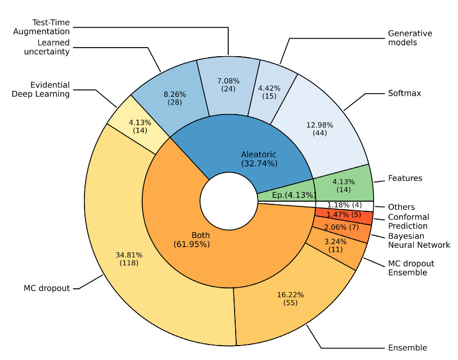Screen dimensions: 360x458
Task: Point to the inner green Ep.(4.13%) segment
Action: [289, 194]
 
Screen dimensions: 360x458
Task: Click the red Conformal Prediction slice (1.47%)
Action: [343, 215]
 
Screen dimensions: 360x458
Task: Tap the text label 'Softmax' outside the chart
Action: [405, 93]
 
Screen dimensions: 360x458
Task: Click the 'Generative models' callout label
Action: [410, 38]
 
